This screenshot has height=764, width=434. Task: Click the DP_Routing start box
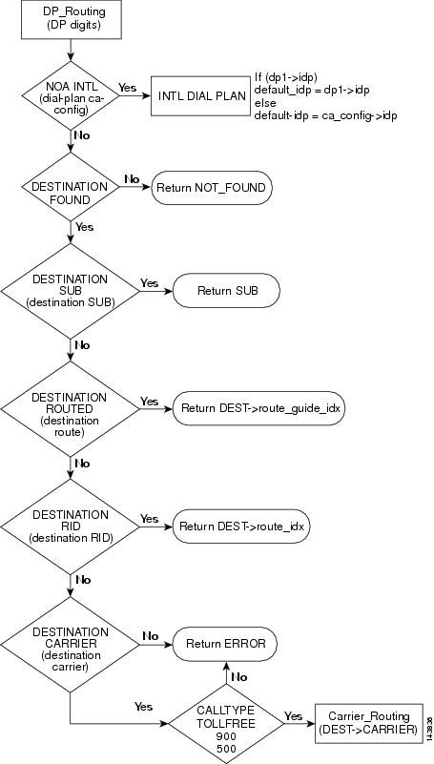click(x=72, y=19)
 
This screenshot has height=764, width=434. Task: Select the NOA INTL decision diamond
click(x=72, y=96)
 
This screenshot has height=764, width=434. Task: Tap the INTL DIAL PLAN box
click(x=200, y=96)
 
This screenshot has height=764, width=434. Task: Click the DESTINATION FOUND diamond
click(x=72, y=187)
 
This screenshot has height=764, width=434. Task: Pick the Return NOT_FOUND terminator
click(x=212, y=188)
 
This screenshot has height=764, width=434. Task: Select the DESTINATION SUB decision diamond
click(x=71, y=291)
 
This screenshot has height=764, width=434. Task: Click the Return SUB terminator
click(x=226, y=291)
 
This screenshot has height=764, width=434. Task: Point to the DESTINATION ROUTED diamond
click(x=71, y=409)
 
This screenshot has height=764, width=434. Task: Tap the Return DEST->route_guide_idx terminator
click(x=259, y=408)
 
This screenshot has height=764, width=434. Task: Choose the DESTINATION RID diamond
click(x=71, y=527)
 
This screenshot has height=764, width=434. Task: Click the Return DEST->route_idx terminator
click(x=241, y=527)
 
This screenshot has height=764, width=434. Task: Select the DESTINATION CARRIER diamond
click(x=71, y=645)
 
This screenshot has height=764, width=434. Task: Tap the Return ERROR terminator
click(x=225, y=644)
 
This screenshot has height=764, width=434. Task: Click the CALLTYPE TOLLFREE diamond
click(x=226, y=724)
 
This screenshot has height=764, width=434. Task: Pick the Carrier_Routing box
click(x=369, y=724)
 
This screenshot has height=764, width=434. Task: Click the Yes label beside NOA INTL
click(x=128, y=88)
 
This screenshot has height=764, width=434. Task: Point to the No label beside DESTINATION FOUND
click(x=132, y=179)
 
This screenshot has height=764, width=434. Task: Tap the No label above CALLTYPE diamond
click(x=238, y=677)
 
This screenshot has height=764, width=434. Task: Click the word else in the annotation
click(x=265, y=103)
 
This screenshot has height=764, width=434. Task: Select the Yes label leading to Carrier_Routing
click(x=293, y=715)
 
